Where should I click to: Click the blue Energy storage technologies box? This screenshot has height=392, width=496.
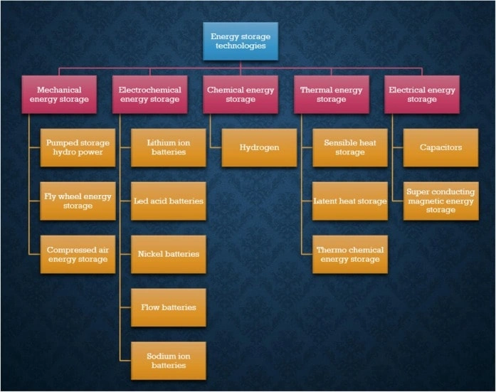point(240,41)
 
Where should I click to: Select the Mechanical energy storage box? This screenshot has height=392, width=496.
point(59,95)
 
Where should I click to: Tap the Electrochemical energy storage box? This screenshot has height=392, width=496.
point(149,95)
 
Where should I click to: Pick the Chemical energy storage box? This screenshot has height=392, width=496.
point(240,95)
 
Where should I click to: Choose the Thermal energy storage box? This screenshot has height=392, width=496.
point(331,95)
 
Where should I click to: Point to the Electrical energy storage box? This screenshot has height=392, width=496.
point(422,95)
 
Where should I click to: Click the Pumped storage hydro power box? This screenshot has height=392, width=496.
point(78,147)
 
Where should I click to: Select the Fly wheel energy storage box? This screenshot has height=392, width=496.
point(78,201)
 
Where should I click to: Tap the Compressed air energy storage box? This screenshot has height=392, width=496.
point(78,254)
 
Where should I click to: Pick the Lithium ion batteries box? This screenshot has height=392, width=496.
point(169,147)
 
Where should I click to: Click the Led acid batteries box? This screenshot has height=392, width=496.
point(169,201)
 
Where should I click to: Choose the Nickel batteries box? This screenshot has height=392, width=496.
point(169,254)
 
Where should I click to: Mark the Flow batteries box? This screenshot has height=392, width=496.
point(169,307)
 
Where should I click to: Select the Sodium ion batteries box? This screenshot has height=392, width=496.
point(169,360)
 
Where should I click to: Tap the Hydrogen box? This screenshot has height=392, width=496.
point(259,147)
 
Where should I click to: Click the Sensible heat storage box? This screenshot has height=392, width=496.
point(350,147)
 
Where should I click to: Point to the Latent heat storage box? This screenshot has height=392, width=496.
point(350,201)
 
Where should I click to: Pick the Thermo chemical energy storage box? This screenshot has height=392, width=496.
point(350,254)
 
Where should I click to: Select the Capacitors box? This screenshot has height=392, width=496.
point(441,147)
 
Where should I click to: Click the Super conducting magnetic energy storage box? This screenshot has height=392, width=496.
point(441,201)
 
